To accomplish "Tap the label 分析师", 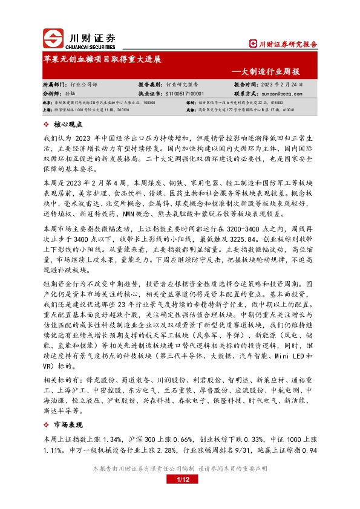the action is tap(53, 94).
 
